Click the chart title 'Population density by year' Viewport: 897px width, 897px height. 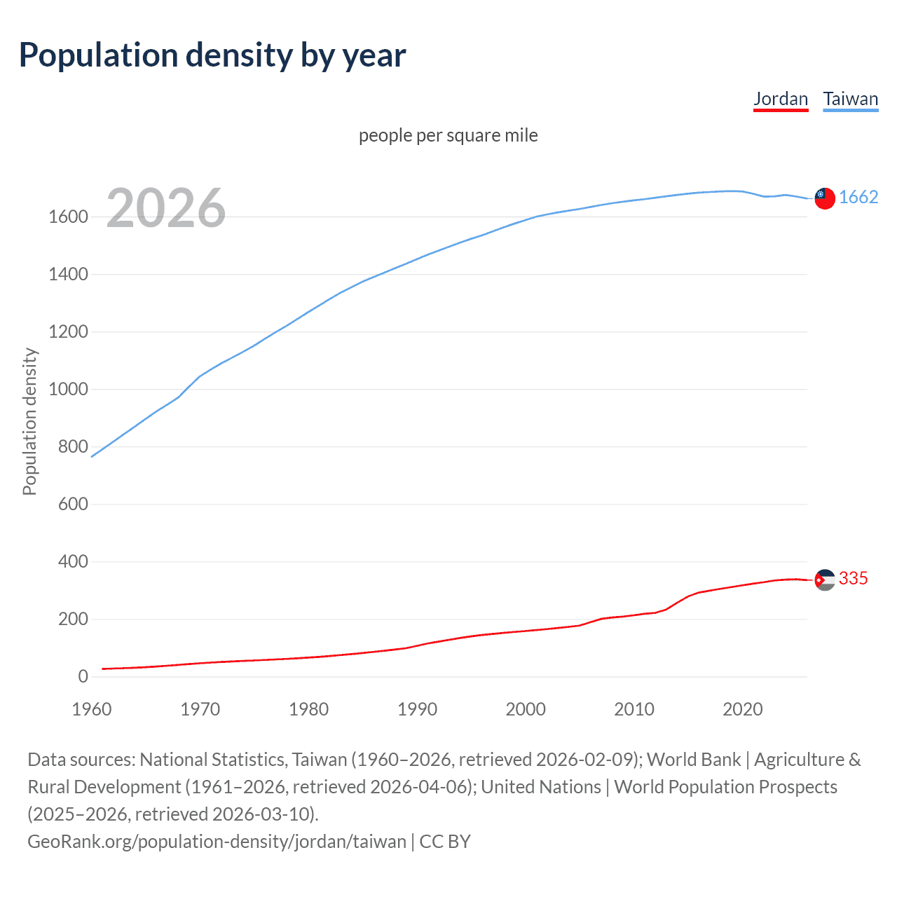[x=212, y=55]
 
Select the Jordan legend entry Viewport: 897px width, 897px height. [x=781, y=99]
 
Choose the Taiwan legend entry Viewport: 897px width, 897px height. [x=850, y=99]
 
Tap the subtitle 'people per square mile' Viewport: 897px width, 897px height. [x=448, y=135]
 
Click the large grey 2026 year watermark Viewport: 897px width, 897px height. [x=166, y=208]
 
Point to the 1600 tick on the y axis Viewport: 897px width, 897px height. [x=68, y=217]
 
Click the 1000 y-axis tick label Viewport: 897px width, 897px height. [x=68, y=390]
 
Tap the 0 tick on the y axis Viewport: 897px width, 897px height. [x=83, y=677]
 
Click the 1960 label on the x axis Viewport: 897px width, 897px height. [x=92, y=709]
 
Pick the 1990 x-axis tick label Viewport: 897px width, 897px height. [x=417, y=709]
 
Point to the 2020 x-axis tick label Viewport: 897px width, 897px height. [x=742, y=709]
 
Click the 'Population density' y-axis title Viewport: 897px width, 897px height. [x=29, y=422]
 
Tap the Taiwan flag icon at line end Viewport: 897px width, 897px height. [x=825, y=198]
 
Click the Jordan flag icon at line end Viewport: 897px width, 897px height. [x=825, y=580]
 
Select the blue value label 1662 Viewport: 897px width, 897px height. [x=858, y=197]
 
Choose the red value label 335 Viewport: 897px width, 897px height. [x=853, y=578]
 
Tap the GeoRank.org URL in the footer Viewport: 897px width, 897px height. [x=217, y=842]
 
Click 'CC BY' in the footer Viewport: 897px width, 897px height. [x=445, y=842]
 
